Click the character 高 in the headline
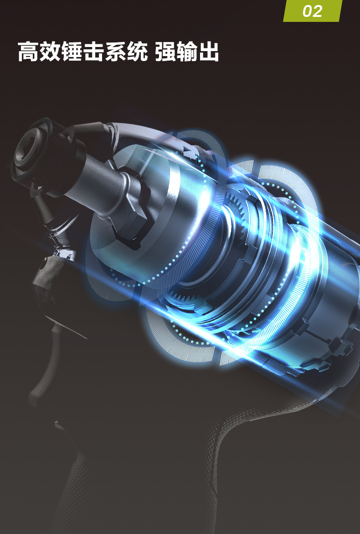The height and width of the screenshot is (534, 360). (x=28, y=52)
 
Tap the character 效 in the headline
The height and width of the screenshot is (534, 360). (x=50, y=52)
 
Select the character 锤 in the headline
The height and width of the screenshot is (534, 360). (x=72, y=52)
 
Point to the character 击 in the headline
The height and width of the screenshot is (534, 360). (x=93, y=52)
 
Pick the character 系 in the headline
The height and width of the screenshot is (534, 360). (x=115, y=52)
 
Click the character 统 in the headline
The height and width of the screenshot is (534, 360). (x=137, y=52)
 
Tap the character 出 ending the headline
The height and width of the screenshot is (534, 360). (x=209, y=52)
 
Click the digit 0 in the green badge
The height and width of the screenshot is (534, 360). (x=307, y=11)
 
